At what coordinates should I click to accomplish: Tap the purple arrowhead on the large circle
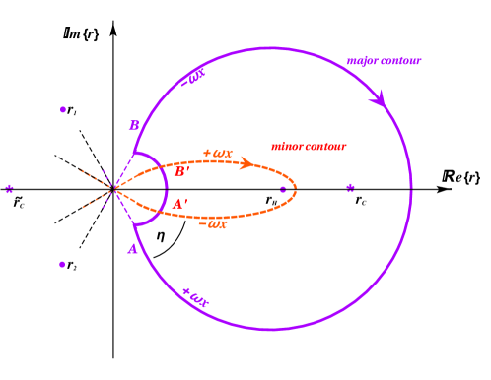pyautogui.click(x=379, y=98)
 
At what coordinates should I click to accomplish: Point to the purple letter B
pyautogui.click(x=134, y=125)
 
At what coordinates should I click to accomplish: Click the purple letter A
pyautogui.click(x=132, y=249)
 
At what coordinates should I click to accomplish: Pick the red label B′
pyautogui.click(x=180, y=172)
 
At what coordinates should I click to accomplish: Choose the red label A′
pyautogui.click(x=178, y=204)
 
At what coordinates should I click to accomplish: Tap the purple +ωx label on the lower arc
pyautogui.click(x=194, y=296)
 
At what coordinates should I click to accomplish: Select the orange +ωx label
pyautogui.click(x=217, y=154)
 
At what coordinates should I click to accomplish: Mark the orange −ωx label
pyautogui.click(x=212, y=224)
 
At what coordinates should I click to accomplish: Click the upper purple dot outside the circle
pyautogui.click(x=63, y=109)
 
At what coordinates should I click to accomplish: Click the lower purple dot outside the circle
pyautogui.click(x=62, y=264)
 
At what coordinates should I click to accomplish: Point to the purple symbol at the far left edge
pyautogui.click(x=9, y=188)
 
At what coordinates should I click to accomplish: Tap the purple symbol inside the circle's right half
pyautogui.click(x=350, y=187)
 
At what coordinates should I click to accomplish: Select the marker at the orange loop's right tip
pyautogui.click(x=284, y=189)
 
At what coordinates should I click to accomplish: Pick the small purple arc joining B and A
pyautogui.click(x=164, y=188)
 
